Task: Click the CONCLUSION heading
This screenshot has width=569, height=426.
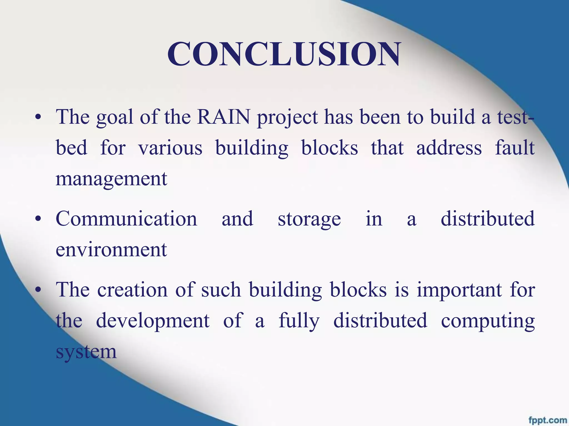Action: (x=284, y=54)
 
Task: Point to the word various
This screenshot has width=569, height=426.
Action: (x=170, y=148)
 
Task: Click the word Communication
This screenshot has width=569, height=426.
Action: (x=126, y=219)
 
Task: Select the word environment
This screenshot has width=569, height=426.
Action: (x=111, y=249)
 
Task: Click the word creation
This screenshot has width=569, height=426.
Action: (x=133, y=290)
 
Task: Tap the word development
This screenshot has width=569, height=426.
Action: (x=153, y=321)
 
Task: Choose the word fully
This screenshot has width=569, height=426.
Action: (x=299, y=321)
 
